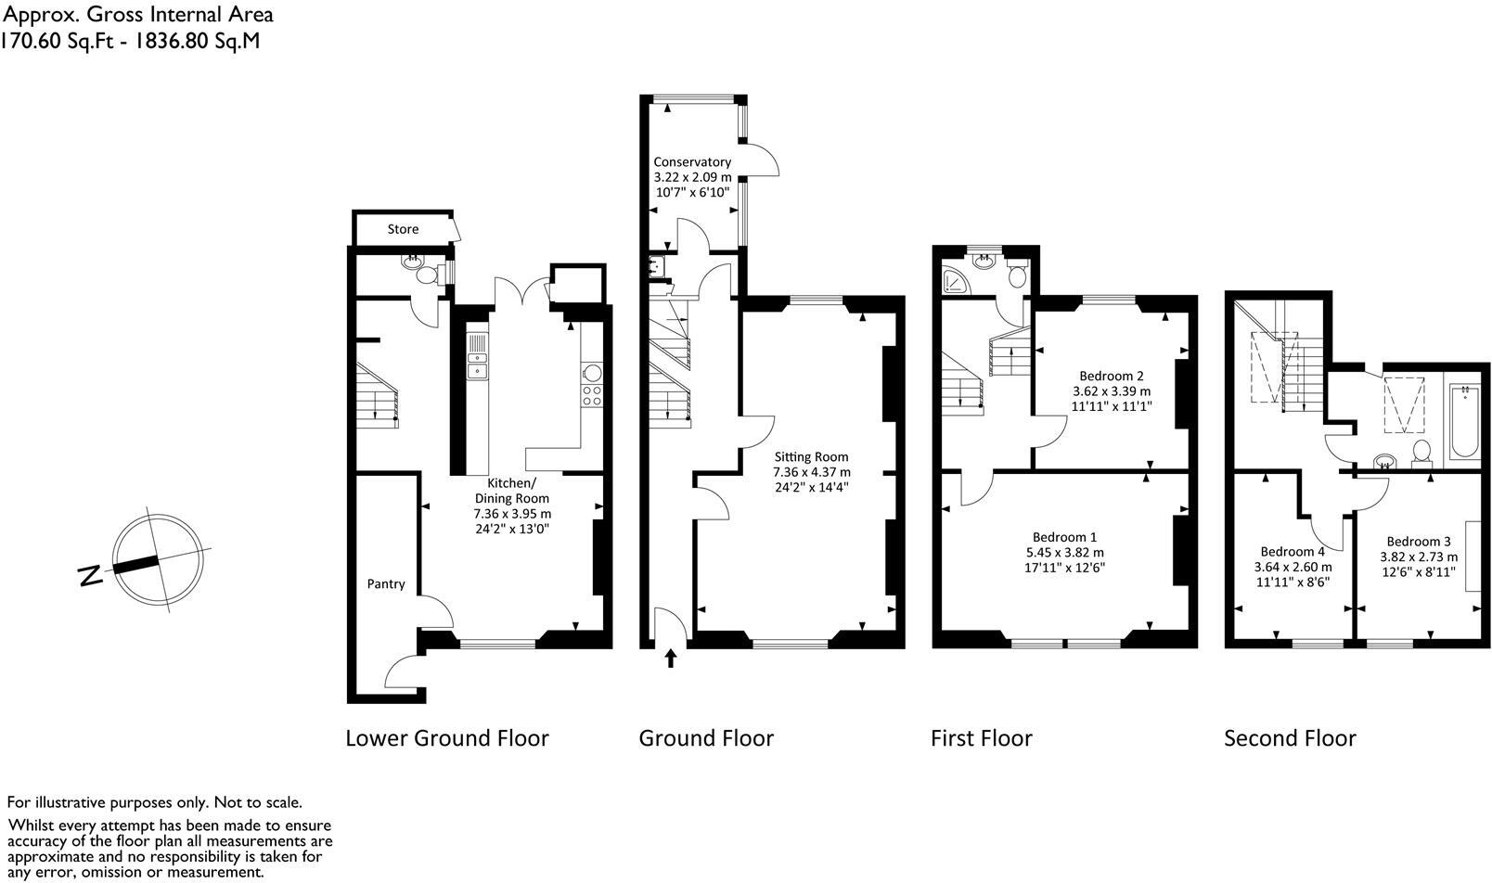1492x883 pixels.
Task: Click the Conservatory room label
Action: [692, 161]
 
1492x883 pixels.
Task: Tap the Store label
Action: [403, 229]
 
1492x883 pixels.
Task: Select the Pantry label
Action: [386, 583]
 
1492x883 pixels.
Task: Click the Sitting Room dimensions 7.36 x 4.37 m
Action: [812, 471]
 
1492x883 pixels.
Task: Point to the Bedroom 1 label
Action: [1064, 537]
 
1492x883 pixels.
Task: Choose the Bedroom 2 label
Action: [1111, 376]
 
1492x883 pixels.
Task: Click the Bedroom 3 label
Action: [1419, 542]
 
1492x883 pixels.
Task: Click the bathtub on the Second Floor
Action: [1465, 422]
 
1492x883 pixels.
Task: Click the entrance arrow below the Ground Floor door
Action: [671, 659]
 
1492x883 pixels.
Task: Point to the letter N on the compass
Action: [91, 575]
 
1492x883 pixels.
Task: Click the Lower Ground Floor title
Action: [446, 738]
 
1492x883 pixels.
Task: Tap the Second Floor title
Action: [1290, 738]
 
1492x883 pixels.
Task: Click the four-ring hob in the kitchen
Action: [592, 396]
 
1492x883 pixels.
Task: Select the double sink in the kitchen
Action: [478, 363]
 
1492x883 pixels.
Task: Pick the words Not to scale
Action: [258, 802]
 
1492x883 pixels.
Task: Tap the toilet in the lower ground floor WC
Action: [427, 275]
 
